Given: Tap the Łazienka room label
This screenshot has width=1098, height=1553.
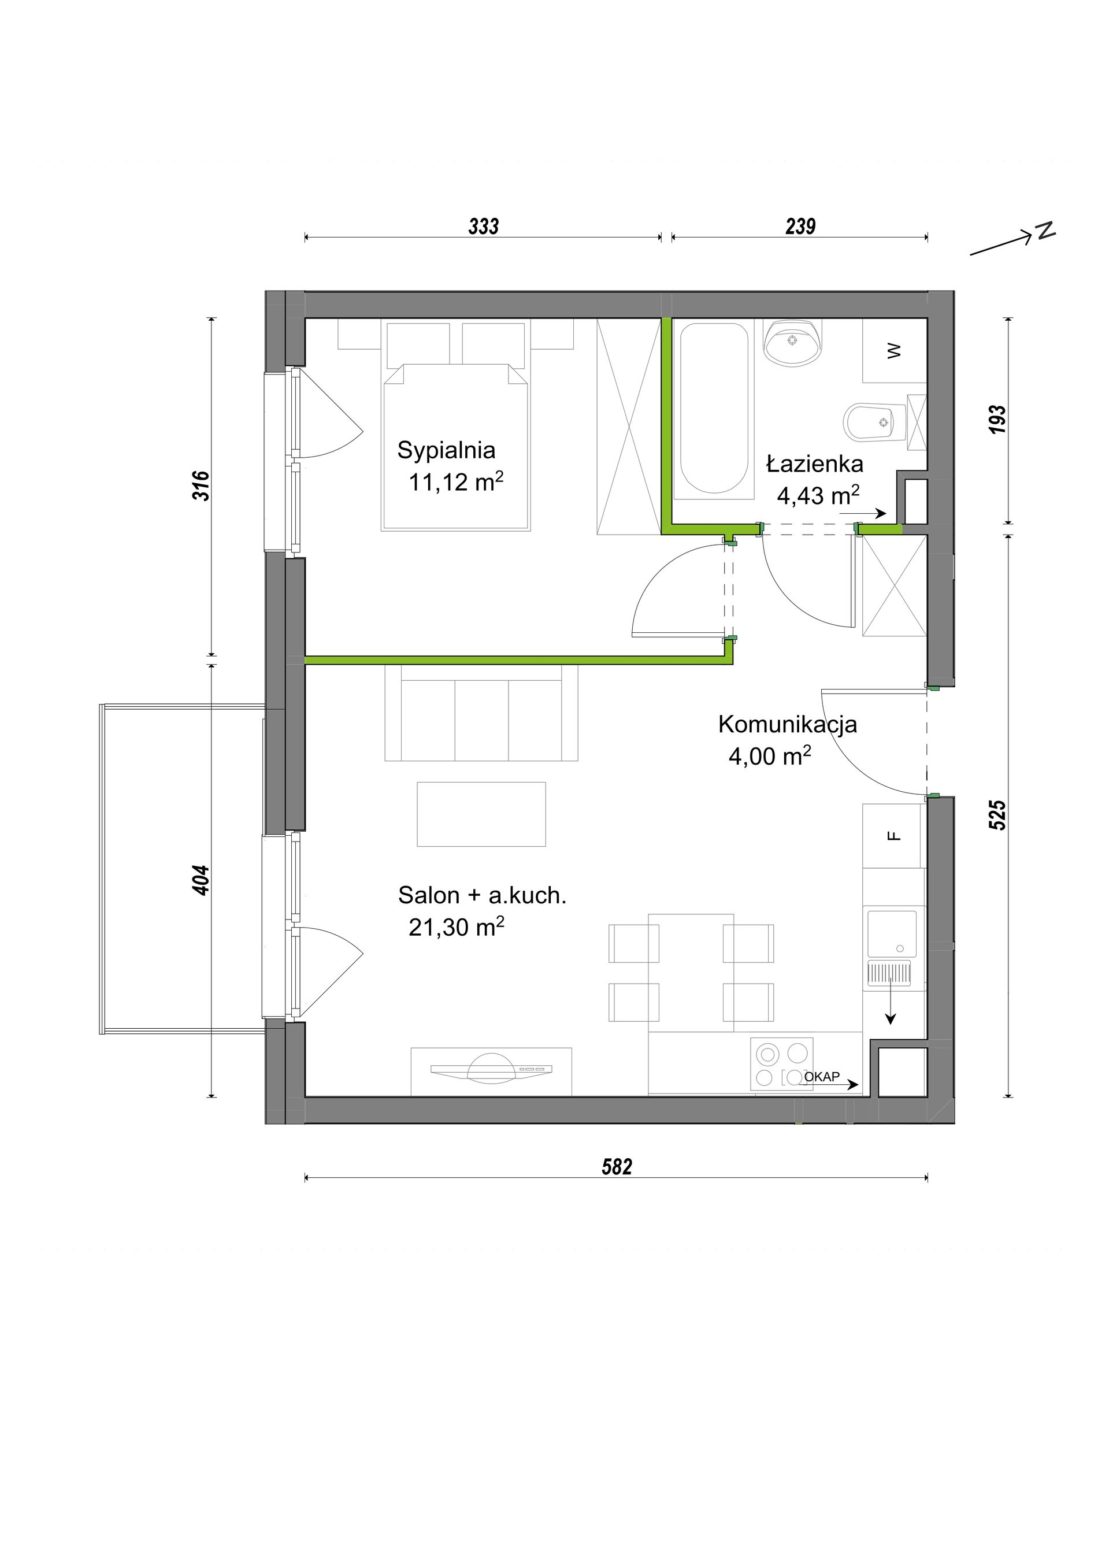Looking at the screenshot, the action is click(815, 464).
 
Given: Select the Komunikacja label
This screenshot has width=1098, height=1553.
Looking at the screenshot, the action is click(788, 724).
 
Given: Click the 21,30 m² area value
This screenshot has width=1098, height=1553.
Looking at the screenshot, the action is click(457, 926).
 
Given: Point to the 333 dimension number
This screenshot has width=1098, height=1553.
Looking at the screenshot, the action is click(484, 226).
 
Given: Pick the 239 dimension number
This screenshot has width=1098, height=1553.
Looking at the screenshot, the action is click(800, 226).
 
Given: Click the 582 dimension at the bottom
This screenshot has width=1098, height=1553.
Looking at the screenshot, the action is click(617, 1167).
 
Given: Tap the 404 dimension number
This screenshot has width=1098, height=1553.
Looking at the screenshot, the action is click(202, 880).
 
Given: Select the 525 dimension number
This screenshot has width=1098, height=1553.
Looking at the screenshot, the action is click(997, 815).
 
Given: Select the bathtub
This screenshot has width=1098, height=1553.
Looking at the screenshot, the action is click(714, 409).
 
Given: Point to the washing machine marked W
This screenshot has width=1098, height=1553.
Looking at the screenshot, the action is click(894, 350).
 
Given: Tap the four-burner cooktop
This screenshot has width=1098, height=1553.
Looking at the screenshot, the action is click(781, 1064).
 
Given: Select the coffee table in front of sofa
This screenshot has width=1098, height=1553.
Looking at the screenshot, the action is click(481, 814).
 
